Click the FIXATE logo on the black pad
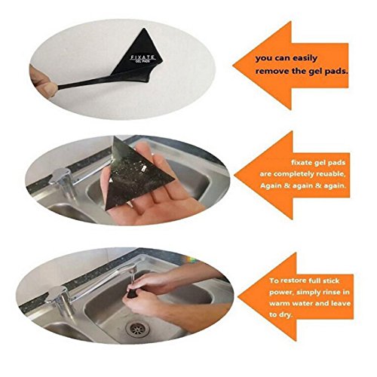pyautogui.click(x=143, y=59)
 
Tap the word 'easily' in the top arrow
pyautogui.click(x=304, y=59)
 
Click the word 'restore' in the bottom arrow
pyautogui.click(x=292, y=280)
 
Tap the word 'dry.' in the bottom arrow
pyautogui.click(x=285, y=315)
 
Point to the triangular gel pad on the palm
pyautogui.click(x=136, y=176)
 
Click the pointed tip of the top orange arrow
pyautogui.click(x=233, y=66)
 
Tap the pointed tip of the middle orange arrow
pyautogui.click(x=234, y=175)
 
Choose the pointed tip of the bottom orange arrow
pyautogui.click(x=238, y=297)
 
